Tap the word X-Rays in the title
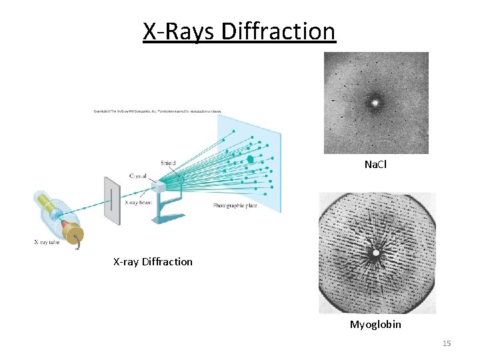[x=179, y=31]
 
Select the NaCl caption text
[x=375, y=164]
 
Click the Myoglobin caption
[x=375, y=325]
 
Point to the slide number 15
[x=446, y=343]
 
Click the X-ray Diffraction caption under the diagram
[x=153, y=261]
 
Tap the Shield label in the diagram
[x=168, y=163]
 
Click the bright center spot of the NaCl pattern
[x=375, y=103]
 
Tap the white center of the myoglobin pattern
[x=376, y=253]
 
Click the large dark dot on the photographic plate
[x=250, y=159]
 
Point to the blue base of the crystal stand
[x=164, y=217]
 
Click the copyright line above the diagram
[x=157, y=111]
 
